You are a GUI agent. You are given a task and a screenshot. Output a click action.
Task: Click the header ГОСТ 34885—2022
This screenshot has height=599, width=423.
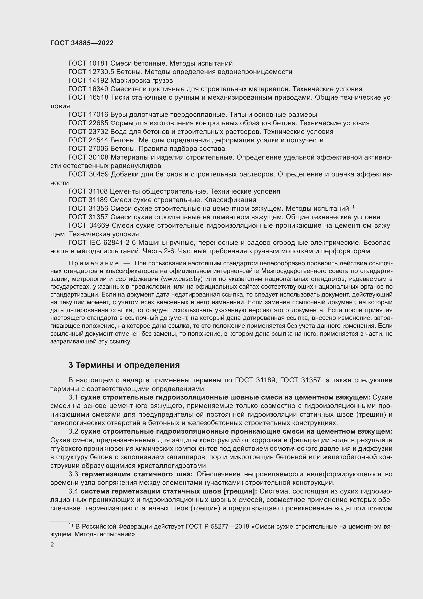click(82, 43)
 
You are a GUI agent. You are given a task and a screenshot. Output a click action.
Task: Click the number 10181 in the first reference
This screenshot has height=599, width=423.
click(98, 64)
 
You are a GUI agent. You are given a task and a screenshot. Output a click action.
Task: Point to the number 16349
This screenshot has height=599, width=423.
click(98, 89)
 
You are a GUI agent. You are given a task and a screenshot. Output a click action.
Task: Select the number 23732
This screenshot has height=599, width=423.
click(98, 132)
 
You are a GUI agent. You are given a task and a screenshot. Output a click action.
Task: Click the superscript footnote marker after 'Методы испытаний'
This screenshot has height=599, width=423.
click(351, 207)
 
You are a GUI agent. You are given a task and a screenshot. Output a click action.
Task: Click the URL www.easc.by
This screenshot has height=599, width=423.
click(182, 279)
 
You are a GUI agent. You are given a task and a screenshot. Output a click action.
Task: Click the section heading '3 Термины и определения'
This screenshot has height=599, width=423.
click(124, 365)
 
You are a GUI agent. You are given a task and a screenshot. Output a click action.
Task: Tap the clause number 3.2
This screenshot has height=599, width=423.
click(73, 432)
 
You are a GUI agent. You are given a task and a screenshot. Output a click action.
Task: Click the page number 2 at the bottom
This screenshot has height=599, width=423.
click(52, 545)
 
